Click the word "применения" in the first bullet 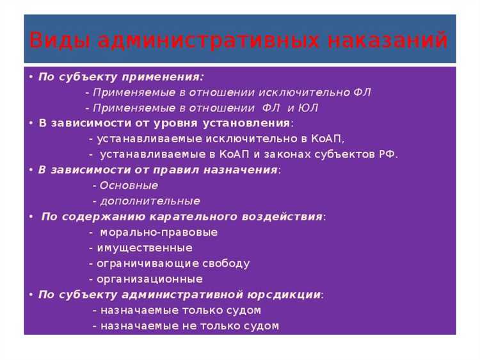click(171, 77)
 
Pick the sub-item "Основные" click(129, 186)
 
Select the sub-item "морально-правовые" click(158, 233)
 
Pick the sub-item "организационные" click(149, 279)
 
